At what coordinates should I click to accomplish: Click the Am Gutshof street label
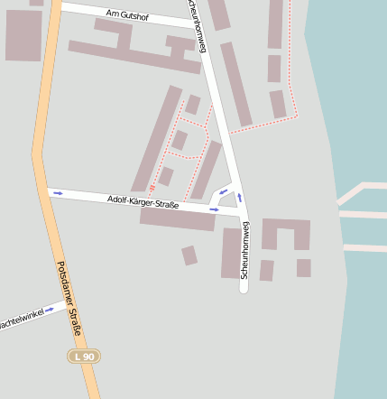126,15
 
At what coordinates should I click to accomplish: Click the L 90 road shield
85,357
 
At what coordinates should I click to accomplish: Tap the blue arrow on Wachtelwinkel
51,310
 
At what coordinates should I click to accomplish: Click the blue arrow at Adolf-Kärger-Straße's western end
58,192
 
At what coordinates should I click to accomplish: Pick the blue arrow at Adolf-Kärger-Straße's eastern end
214,209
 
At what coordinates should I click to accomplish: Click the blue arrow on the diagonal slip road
223,191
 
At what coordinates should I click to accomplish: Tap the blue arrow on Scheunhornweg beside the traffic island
240,197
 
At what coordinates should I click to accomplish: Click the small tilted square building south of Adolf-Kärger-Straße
189,255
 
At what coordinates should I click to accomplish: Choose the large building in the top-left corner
23,34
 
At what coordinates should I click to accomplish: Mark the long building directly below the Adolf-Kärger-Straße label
178,219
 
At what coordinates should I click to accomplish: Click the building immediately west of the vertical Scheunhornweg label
231,253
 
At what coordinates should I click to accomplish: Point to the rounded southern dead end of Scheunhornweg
244,287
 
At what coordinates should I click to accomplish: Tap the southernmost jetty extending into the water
364,247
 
